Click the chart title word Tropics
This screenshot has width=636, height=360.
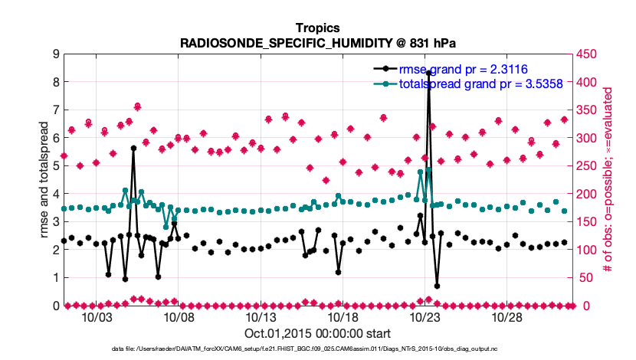(x=318, y=28)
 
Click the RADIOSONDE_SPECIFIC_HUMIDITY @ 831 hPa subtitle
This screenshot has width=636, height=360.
(x=318, y=42)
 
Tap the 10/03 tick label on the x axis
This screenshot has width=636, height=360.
(x=97, y=317)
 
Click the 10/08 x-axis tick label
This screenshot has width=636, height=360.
(x=179, y=317)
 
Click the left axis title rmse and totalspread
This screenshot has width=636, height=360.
(x=44, y=180)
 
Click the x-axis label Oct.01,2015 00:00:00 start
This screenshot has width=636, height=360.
(x=317, y=333)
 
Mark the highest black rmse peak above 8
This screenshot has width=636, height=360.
(x=429, y=74)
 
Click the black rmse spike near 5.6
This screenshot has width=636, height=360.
(x=133, y=149)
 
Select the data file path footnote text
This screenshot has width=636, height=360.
(x=317, y=349)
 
